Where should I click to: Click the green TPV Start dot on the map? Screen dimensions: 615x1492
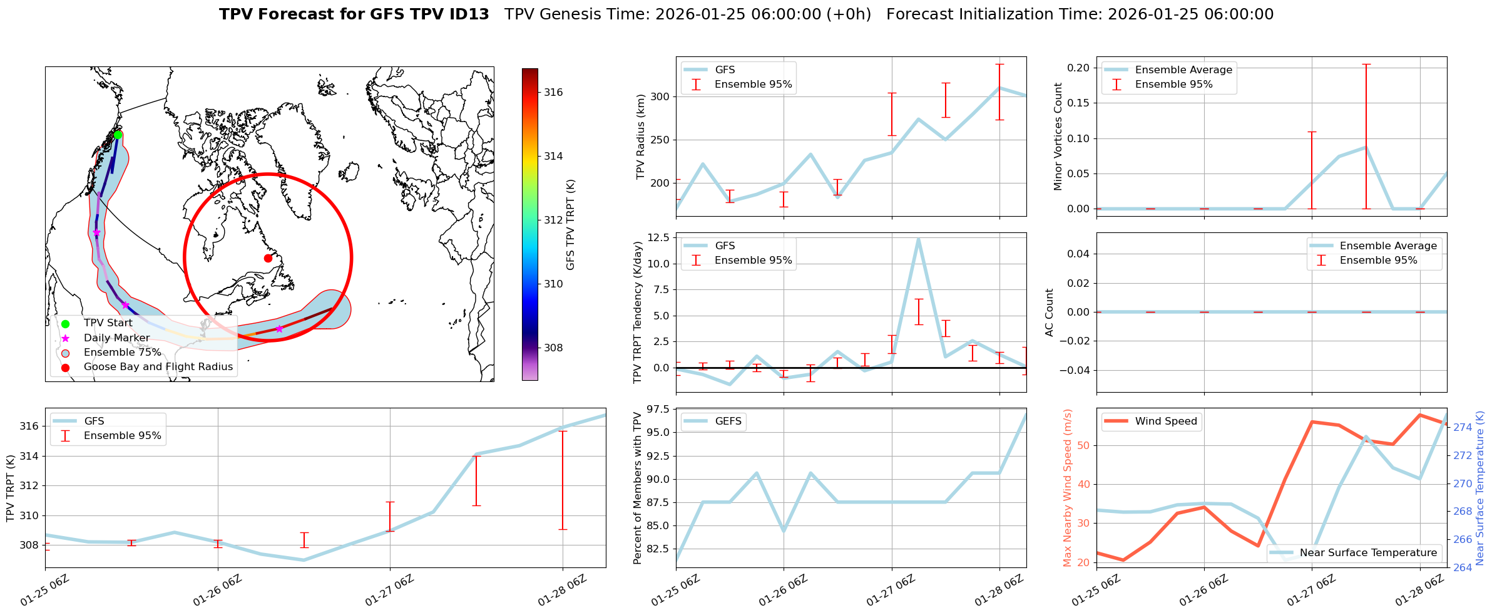118,135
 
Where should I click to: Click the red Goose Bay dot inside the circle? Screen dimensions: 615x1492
268,258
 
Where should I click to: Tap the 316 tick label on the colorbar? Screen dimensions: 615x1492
553,92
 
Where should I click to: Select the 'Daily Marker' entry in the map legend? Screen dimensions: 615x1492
116,338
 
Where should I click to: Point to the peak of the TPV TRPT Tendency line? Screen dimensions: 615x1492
918,239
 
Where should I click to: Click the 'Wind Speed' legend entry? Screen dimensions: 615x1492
1165,421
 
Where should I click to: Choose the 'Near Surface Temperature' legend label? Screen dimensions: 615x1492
1368,552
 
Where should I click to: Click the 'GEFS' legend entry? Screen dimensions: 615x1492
728,421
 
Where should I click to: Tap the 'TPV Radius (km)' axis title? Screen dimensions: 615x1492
640,137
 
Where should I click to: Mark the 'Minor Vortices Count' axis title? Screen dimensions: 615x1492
1058,137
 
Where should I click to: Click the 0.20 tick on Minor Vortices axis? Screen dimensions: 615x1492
1078,68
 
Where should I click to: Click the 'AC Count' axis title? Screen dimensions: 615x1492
1050,313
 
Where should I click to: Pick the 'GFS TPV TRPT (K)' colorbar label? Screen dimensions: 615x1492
570,224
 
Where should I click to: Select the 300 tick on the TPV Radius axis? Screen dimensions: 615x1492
660,96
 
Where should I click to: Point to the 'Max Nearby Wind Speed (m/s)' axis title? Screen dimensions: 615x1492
1068,488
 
